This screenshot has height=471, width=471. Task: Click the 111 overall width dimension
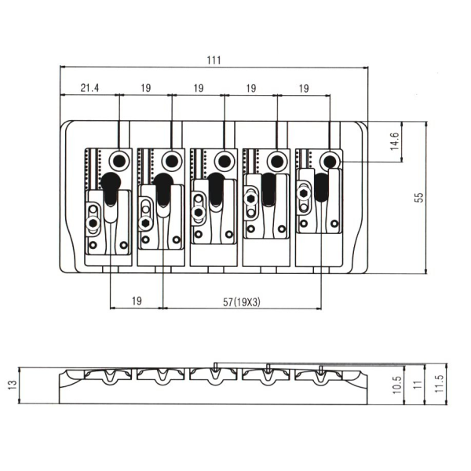point(214,60)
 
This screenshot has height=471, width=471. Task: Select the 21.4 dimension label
point(89,89)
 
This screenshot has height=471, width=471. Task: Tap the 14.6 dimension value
point(418,141)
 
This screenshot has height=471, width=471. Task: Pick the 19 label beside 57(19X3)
point(136,300)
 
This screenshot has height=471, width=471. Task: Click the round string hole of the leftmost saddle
point(118,161)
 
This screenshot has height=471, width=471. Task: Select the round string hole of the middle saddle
point(224,161)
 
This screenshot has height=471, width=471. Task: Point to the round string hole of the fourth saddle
point(276,161)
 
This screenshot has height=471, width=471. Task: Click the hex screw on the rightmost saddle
point(305,190)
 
